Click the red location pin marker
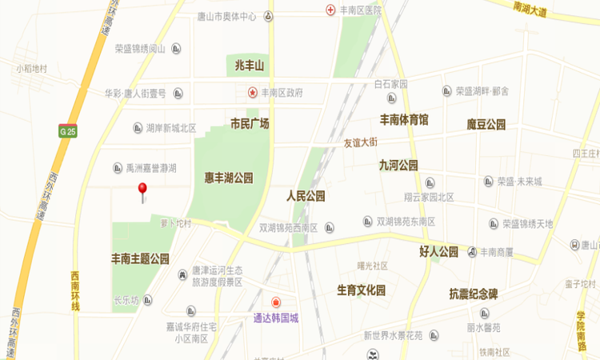142,190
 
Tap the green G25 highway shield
67,131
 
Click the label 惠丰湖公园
228,178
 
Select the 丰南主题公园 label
140,258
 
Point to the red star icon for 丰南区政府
252,93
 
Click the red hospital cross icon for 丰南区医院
330,10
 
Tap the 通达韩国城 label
270,318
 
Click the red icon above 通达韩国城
276,302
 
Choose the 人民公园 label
306,196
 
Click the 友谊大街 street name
360,143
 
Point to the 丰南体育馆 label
404,120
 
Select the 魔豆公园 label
486,124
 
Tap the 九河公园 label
398,165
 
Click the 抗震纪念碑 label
474,294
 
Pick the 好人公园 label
438,251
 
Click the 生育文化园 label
362,290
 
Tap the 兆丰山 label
250,65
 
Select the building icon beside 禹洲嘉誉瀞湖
118,168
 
